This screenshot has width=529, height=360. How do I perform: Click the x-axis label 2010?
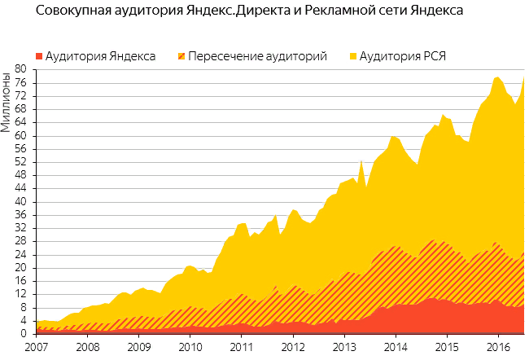(x=190, y=348)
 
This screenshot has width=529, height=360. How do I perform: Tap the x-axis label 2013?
(x=346, y=348)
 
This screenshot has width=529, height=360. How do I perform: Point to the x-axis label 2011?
(x=242, y=348)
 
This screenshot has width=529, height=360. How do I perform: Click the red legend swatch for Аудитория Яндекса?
(x=38, y=57)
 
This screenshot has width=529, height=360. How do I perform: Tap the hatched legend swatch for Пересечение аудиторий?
(x=181, y=57)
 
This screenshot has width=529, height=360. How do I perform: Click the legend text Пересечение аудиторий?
(x=257, y=57)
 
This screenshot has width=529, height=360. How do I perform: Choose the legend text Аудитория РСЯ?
(x=403, y=57)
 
